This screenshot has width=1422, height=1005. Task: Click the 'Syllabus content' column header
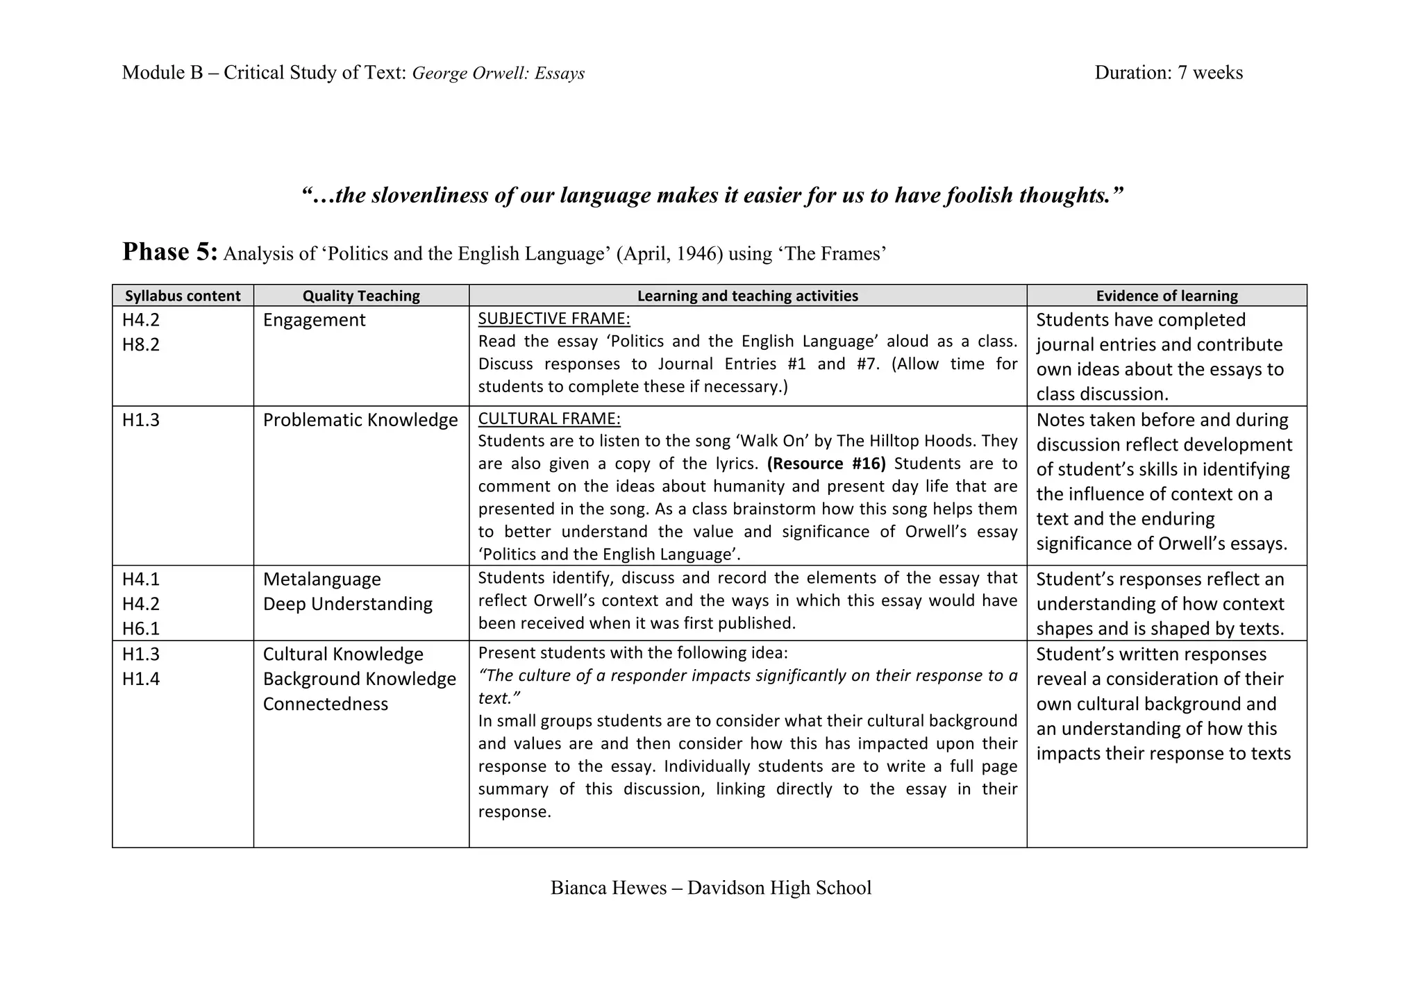coord(183,296)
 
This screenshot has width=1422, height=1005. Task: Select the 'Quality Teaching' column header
coord(361,296)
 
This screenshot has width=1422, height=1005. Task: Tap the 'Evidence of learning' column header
coord(1166,296)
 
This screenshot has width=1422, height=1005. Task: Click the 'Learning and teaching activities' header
coord(747,296)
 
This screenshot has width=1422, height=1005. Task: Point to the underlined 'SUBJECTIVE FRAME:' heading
coord(554,319)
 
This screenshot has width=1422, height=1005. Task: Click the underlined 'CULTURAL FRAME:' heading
coord(549,419)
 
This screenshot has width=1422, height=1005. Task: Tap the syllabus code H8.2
coord(141,344)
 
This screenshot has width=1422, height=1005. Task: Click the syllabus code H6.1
coord(141,628)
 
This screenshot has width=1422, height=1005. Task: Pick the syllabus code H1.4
coord(141,679)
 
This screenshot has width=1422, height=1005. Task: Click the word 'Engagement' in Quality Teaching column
coord(314,320)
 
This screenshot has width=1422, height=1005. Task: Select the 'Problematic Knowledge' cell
coord(360,420)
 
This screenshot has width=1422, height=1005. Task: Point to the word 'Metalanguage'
coord(321,579)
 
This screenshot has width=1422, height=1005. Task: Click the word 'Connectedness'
coord(325,704)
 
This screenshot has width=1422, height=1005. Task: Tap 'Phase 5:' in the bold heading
coord(170,252)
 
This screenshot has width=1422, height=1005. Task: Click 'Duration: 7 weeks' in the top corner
coord(1169,73)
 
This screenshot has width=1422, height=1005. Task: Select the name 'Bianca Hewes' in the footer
coord(608,888)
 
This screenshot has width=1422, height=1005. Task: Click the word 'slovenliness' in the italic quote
coord(430,196)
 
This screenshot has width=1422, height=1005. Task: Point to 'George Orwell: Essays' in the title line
coord(498,74)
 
